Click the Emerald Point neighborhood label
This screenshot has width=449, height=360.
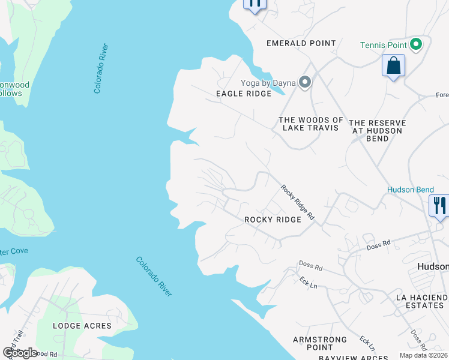pos(301,43)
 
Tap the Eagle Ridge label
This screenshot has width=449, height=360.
pos(239,94)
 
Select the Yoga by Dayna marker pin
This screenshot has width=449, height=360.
pos(306,82)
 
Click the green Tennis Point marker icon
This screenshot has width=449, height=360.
pos(415,44)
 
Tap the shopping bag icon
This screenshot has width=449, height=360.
pos(393,65)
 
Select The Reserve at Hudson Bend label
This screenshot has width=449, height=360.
pos(378,130)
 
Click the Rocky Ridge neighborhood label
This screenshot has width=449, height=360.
pos(273,220)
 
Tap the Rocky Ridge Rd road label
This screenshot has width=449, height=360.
pos(298,202)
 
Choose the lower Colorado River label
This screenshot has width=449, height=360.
pos(154,277)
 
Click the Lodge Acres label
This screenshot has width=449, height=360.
pos(82,326)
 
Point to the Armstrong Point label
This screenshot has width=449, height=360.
pos(321,343)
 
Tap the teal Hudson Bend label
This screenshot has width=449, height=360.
pos(410,190)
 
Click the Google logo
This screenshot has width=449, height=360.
pos(20,352)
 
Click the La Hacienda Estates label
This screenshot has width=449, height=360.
pos(422,301)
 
